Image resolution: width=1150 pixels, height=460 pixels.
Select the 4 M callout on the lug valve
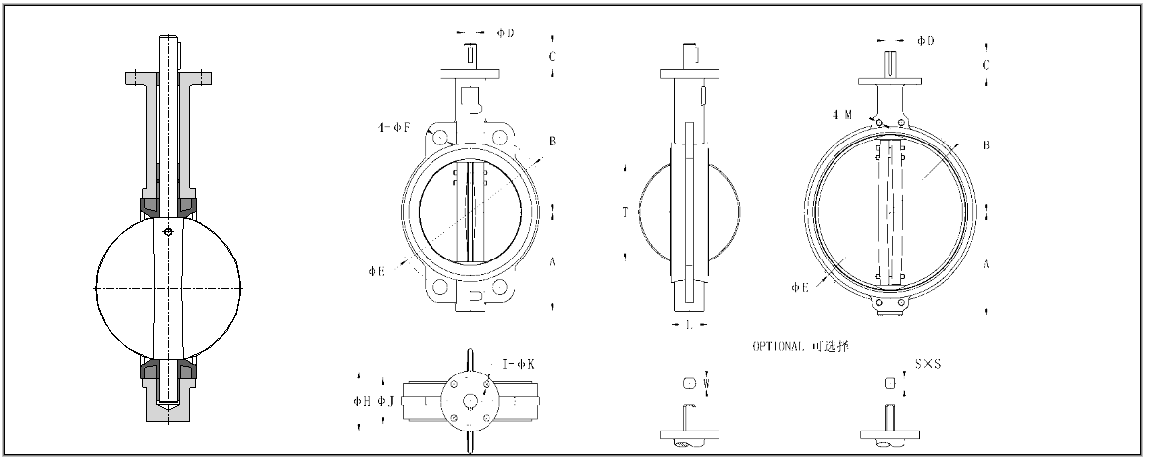[841, 115]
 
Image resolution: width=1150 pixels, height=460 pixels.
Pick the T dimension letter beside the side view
[625, 212]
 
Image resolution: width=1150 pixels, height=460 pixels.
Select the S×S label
[926, 365]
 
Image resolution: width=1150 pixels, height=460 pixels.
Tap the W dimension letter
[706, 381]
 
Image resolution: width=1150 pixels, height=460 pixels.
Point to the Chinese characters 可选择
[834, 346]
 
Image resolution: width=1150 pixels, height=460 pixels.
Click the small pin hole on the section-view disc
[169, 232]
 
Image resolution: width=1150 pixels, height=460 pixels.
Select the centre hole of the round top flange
[470, 400]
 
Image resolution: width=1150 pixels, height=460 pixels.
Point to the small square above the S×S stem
[890, 382]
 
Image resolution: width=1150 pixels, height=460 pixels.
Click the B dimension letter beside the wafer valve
[553, 142]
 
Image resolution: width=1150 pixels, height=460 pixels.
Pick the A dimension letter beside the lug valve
[986, 262]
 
